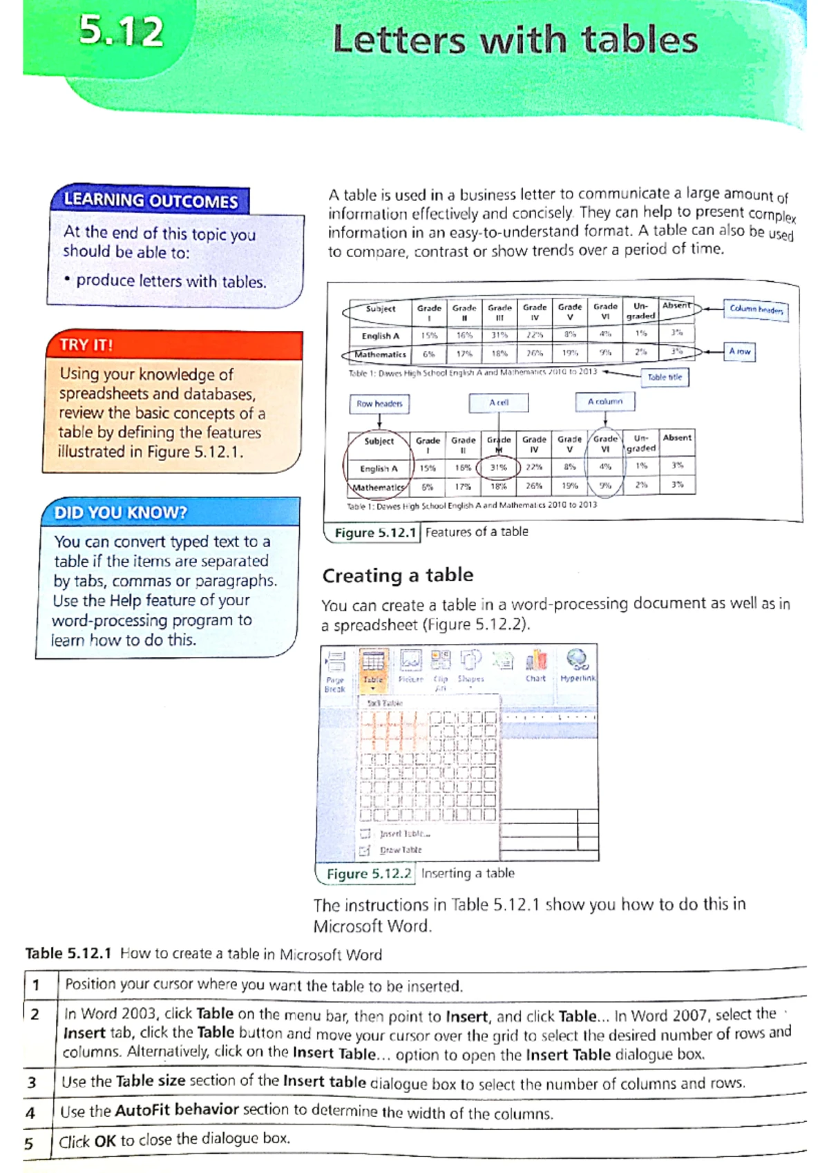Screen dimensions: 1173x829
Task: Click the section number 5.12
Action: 121,32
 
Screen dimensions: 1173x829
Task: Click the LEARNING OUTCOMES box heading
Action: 151,201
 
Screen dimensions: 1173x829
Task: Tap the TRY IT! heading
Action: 86,345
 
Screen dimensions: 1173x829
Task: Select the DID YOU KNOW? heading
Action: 121,513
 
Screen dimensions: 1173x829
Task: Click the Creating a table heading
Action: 398,575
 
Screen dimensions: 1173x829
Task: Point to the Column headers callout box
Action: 756,309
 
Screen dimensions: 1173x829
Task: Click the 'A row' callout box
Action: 739,352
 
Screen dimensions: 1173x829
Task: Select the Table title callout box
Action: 665,377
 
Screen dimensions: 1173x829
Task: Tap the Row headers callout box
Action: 379,403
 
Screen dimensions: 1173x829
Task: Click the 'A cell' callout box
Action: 499,403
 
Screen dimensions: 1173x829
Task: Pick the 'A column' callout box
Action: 605,401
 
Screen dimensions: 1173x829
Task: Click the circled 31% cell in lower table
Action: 499,468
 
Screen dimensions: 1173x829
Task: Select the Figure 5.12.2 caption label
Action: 369,874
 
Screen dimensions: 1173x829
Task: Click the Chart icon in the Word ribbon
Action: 536,666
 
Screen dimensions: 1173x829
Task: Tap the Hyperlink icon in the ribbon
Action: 578,666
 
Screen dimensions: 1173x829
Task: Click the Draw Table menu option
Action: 400,850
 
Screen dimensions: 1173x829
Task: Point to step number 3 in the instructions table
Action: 32,1082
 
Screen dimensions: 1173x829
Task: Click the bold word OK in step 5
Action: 105,1141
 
